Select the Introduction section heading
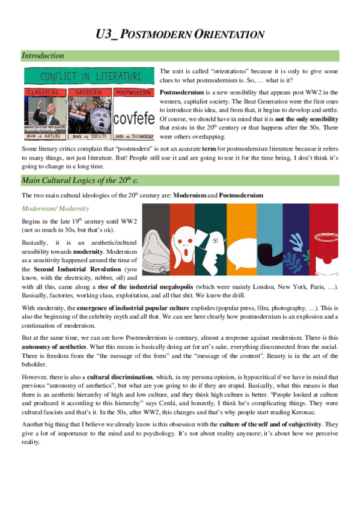tap(43, 56)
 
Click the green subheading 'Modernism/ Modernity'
tap(55, 208)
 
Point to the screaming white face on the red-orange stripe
tap(181, 237)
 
